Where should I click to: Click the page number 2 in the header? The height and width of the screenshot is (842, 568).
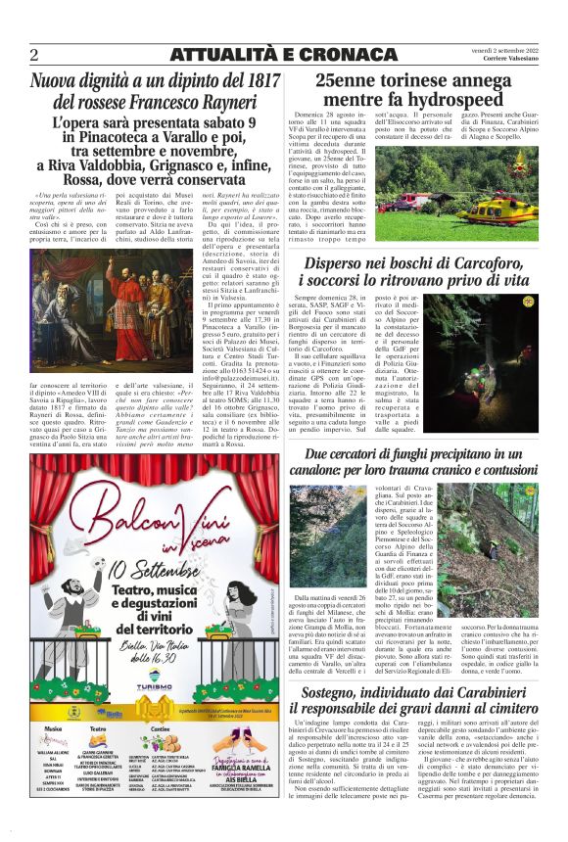point(33,54)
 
